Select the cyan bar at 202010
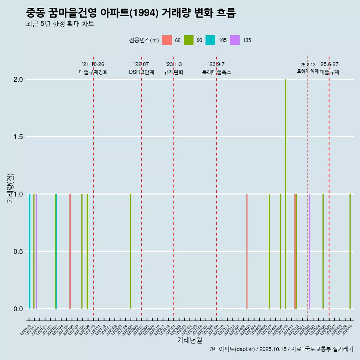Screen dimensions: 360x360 [x=30, y=251]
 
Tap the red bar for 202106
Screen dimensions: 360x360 [x=70, y=251]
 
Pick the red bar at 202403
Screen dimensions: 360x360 [x=247, y=251]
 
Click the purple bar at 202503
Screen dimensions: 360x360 [x=309, y=251]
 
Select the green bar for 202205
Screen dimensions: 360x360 [x=130, y=251]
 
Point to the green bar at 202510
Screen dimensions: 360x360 [x=350, y=251]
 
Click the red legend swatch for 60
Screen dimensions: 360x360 [x=167, y=40]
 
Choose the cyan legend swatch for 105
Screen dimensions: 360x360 [x=210, y=40]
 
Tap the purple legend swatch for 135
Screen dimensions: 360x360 [x=235, y=40]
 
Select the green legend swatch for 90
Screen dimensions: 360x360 [x=189, y=40]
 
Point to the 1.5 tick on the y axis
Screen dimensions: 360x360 [x=18, y=137]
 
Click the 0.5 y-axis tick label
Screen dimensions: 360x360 [x=18, y=252]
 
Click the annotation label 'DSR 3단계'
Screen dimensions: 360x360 [x=141, y=72]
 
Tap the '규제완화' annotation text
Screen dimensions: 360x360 [x=174, y=72]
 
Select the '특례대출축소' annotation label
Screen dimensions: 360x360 [x=216, y=72]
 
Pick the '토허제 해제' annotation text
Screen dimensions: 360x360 [x=307, y=71]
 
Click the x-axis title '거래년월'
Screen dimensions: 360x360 [x=189, y=340]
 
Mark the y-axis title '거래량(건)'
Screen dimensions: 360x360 [x=10, y=188]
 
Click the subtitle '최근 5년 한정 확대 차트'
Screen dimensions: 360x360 [x=60, y=24]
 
